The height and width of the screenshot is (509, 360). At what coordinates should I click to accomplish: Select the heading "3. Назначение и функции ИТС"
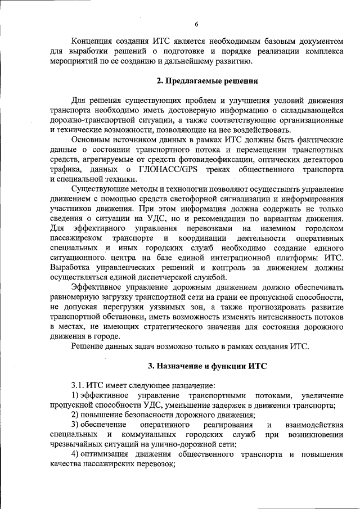[207, 366]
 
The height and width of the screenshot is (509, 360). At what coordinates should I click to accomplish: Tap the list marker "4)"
[75, 454]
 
